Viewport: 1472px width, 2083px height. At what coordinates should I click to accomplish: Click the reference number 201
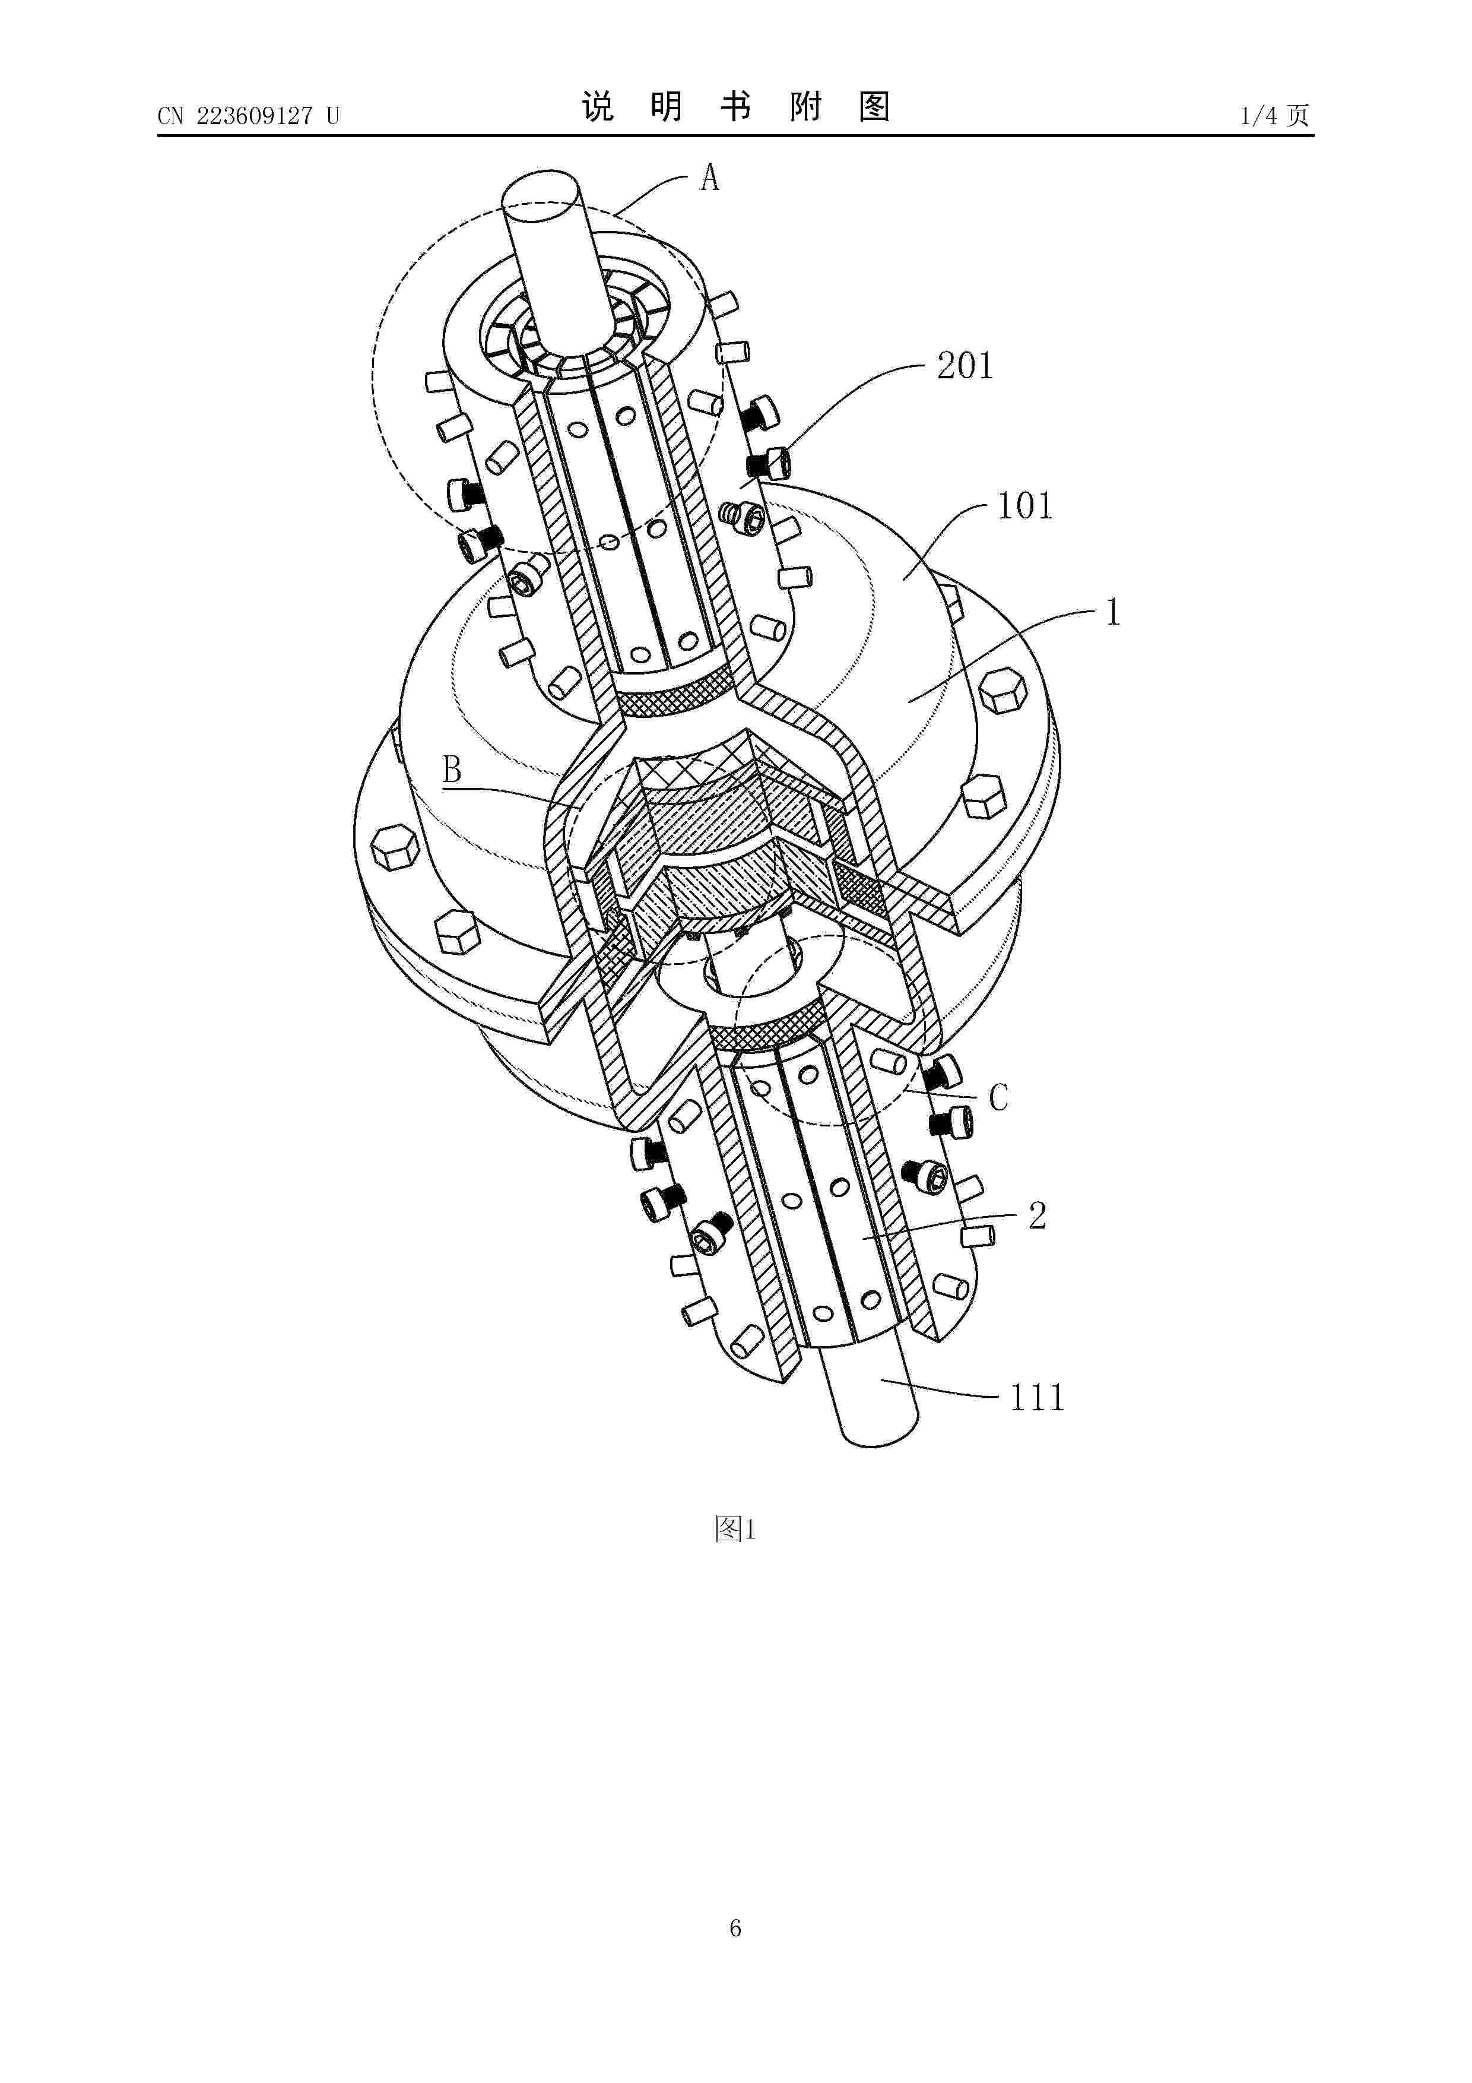965,366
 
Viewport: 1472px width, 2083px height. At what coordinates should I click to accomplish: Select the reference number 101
1025,506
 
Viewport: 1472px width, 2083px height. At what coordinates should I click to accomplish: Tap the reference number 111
1037,1397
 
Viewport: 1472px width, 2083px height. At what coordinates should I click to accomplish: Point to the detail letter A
709,178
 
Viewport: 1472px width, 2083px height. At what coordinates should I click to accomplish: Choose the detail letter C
998,1099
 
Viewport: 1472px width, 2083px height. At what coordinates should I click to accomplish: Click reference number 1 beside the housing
1113,613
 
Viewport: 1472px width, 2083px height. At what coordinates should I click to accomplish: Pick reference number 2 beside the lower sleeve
1038,1215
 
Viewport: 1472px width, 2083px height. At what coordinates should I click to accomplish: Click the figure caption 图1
735,1531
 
